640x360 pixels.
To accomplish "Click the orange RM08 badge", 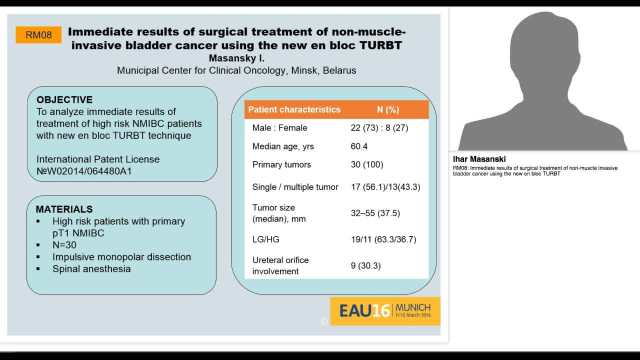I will tap(38, 35).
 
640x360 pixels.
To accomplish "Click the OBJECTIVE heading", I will tap(64, 99).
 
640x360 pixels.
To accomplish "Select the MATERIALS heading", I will tap(64, 209).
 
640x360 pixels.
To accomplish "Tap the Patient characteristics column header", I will tap(294, 109).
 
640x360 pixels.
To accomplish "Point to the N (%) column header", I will tap(388, 109).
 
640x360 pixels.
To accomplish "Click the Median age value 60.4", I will tap(359, 146).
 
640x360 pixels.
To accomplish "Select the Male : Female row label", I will tap(279, 128).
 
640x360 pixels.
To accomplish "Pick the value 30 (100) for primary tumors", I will tap(367, 164).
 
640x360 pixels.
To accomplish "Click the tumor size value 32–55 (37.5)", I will tap(375, 213).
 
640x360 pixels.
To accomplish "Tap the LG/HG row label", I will tap(266, 239).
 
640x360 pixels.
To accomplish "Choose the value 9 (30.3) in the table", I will tap(365, 265).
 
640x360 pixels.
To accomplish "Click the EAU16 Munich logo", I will tap(385, 310).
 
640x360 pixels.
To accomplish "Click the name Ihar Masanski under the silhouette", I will tap(479, 159).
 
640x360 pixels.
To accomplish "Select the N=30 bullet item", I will tap(64, 245).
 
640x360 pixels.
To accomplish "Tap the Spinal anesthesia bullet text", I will tap(91, 268).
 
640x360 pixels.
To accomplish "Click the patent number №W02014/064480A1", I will tap(84, 171).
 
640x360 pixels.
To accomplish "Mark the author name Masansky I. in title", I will tap(236, 58).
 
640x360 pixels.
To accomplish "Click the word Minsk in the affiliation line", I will tap(303, 70).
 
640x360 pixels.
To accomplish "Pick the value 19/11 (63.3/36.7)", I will tap(383, 239).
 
